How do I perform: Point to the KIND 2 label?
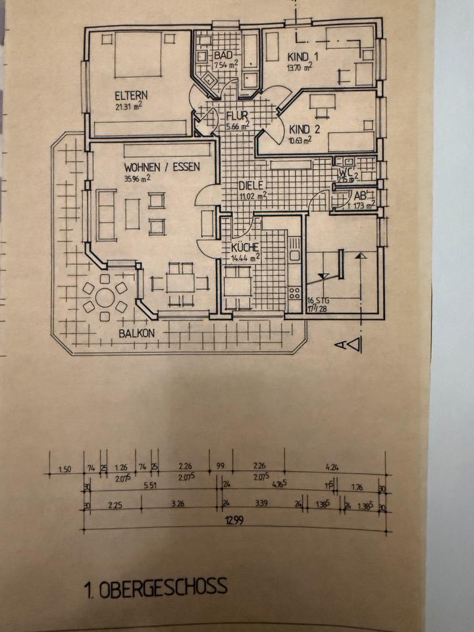pyautogui.click(x=304, y=129)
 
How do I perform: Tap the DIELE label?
pyautogui.click(x=251, y=185)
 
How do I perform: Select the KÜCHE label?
pyautogui.click(x=245, y=248)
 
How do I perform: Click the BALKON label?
pyautogui.click(x=137, y=333)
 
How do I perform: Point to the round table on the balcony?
pyautogui.click(x=105, y=298)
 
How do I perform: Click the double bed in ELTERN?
pyautogui.click(x=138, y=55)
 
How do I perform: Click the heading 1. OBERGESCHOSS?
pyautogui.click(x=155, y=586)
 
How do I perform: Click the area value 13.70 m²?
pyautogui.click(x=303, y=67)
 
